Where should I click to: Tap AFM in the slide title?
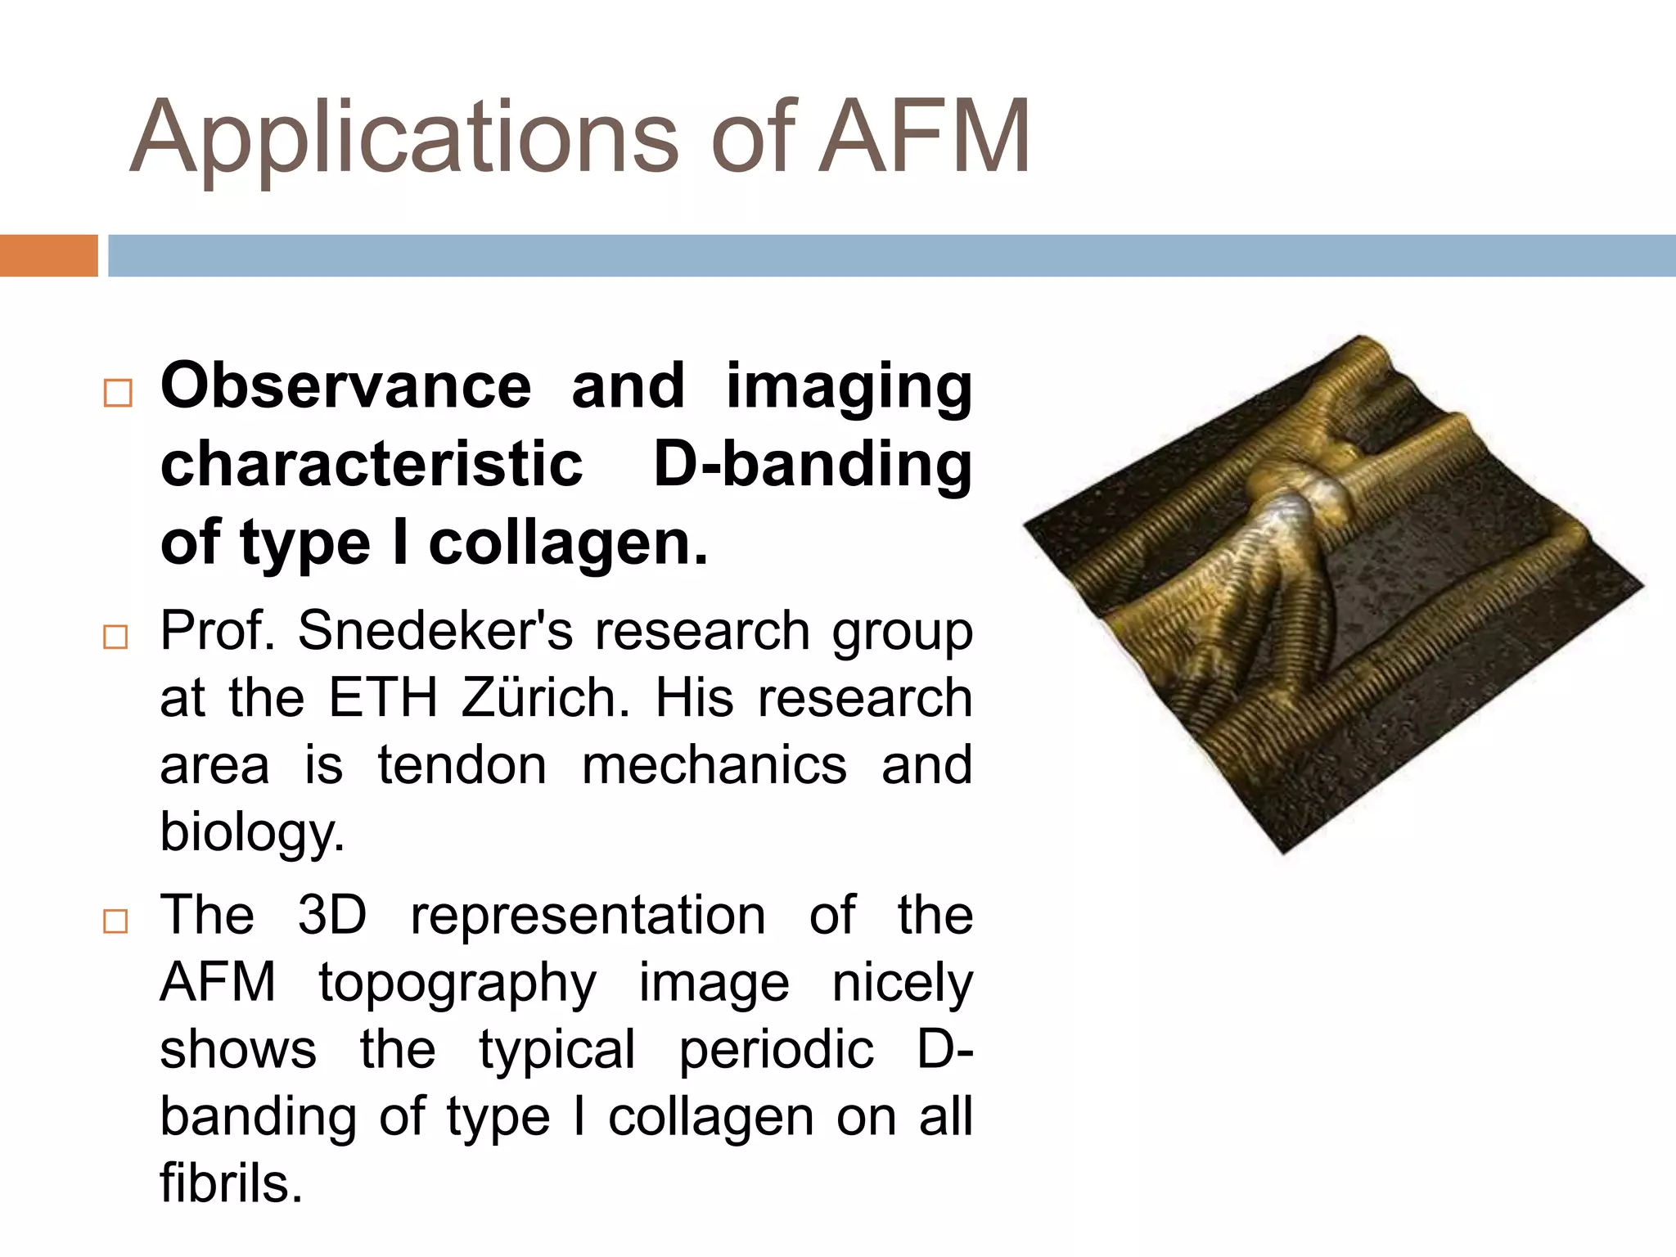[x=925, y=137]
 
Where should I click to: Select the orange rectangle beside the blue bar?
[x=48, y=255]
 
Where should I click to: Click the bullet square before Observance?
[x=118, y=393]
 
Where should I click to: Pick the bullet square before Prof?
[x=116, y=637]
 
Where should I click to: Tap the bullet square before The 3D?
[x=116, y=921]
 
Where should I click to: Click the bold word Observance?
[x=345, y=385]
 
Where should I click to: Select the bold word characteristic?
[x=372, y=464]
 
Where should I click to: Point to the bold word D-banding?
[x=813, y=464]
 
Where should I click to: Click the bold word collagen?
[x=568, y=543]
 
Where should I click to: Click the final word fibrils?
[x=231, y=1183]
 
